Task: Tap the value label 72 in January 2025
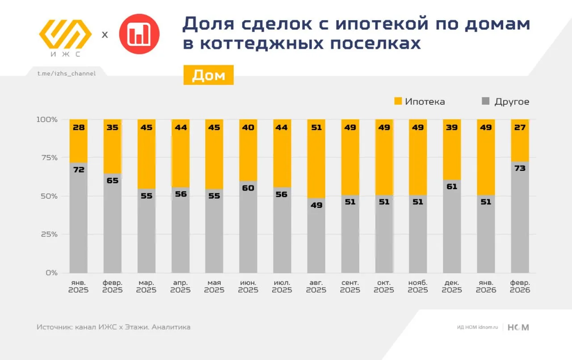click(79, 169)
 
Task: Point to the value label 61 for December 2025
click(452, 186)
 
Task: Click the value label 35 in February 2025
click(113, 127)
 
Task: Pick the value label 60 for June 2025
click(248, 188)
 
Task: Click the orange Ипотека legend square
click(398, 101)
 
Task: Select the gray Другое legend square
click(486, 101)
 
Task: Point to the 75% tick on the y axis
click(47, 157)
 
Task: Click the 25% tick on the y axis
click(47, 234)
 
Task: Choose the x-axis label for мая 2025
click(214, 286)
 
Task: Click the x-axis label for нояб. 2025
click(418, 286)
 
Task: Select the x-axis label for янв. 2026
click(486, 286)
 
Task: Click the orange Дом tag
click(208, 75)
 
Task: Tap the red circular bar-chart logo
click(139, 34)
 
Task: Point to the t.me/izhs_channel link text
click(67, 73)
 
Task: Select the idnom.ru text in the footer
click(488, 327)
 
